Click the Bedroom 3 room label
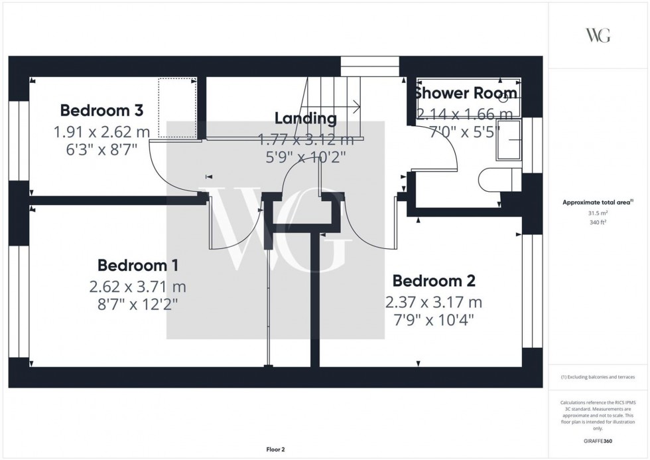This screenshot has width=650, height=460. (x=101, y=110)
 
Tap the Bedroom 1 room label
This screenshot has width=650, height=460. (x=137, y=266)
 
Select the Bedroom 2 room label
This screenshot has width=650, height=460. (x=433, y=281)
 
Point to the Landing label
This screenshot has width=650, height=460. (x=306, y=119)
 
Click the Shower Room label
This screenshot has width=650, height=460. (x=466, y=93)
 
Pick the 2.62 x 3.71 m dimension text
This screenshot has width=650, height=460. (x=137, y=287)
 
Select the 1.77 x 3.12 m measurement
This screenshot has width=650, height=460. (x=306, y=139)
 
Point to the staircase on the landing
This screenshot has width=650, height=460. (x=332, y=106)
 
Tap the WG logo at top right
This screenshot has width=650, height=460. (x=598, y=35)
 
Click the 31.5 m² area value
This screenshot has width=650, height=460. (x=598, y=213)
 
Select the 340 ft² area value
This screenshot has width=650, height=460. (x=598, y=224)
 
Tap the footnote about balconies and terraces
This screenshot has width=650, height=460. (x=598, y=377)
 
